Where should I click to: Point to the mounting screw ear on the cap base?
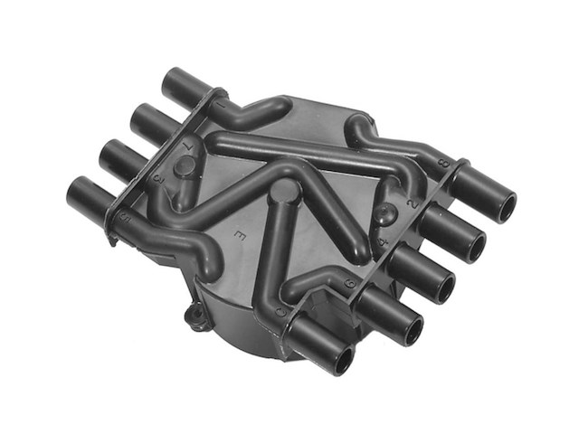click(191, 316)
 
